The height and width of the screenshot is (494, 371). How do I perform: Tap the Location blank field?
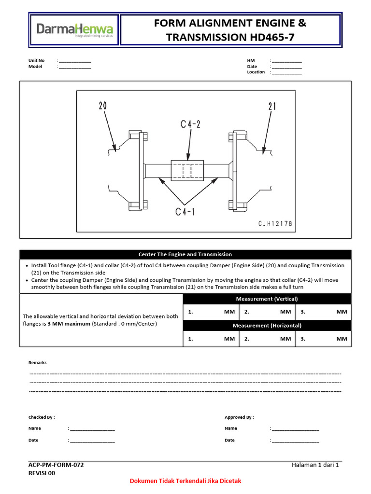pos(286,73)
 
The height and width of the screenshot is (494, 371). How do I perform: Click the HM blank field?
pos(286,61)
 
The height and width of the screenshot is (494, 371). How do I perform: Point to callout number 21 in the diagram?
pos(272,106)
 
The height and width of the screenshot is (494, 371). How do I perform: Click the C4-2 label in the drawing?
pos(190,124)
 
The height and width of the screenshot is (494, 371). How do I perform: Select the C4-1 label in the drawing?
pos(185,211)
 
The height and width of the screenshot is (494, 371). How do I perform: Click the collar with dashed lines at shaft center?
pos(189,171)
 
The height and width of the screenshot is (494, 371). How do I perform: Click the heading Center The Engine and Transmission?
pos(185,254)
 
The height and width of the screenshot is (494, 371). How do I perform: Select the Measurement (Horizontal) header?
pos(267,326)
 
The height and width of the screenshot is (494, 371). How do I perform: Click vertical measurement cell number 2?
pos(267,312)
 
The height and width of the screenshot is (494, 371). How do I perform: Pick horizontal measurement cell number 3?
pos(323,339)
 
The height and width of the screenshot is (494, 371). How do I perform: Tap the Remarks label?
pos(38,362)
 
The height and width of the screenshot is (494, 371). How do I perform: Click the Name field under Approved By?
pos(295,428)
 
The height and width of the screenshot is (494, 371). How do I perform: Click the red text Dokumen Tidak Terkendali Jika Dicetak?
pos(185,481)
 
